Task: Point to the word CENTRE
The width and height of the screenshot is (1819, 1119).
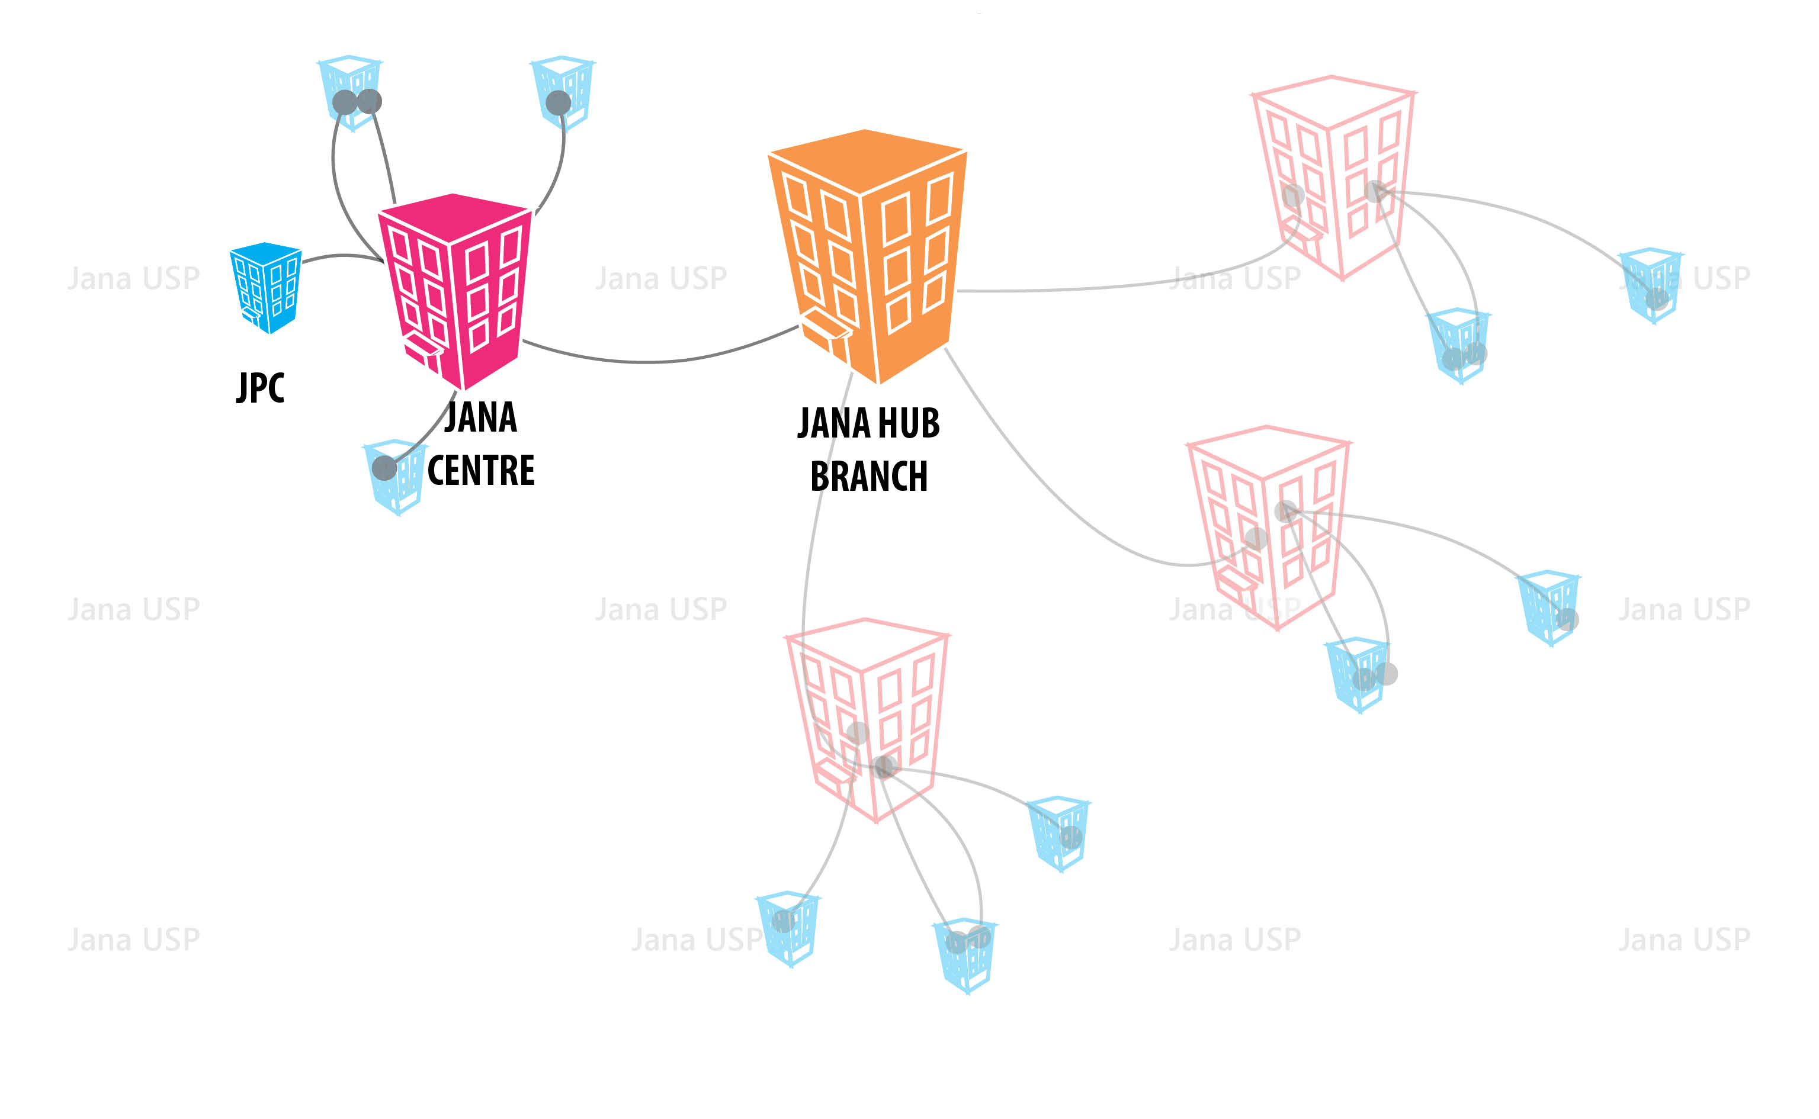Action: tap(481, 471)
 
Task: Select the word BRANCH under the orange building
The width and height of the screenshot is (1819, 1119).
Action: tap(868, 476)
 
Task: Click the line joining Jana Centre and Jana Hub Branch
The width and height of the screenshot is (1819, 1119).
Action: tap(652, 361)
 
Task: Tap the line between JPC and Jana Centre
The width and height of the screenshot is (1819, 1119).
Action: tap(341, 256)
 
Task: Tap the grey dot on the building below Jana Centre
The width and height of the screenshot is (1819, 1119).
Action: tap(384, 468)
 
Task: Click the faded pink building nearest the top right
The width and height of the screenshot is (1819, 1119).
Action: tap(1333, 178)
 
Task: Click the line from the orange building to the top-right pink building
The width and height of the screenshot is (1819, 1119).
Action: tap(1111, 287)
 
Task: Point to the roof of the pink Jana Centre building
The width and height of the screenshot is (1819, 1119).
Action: tap(453, 214)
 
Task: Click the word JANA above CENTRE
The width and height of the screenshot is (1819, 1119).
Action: tap(480, 417)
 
